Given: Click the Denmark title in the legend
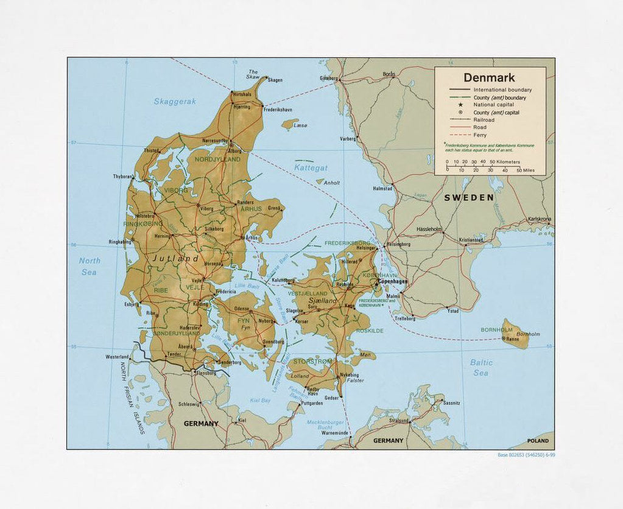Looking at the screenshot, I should tap(488, 78).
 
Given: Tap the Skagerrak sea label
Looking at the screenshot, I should tap(175, 102).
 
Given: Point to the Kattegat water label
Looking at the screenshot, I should tap(311, 167).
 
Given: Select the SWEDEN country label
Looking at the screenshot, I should tap(468, 198).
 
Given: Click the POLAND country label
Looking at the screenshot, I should tap(538, 441).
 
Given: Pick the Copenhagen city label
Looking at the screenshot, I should tap(393, 282).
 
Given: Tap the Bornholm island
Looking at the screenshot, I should tap(515, 334).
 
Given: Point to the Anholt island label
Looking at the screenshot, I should tap(331, 183).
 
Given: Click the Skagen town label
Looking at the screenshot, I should tap(275, 80).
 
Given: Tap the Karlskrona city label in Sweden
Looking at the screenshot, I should tap(539, 219).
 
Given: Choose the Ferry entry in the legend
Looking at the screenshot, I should tap(480, 135).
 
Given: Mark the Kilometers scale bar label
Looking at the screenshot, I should tap(508, 162).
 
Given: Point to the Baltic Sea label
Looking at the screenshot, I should tap(481, 367).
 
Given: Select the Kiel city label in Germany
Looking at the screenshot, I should tap(242, 421).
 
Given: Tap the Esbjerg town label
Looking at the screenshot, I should tap(131, 304).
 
